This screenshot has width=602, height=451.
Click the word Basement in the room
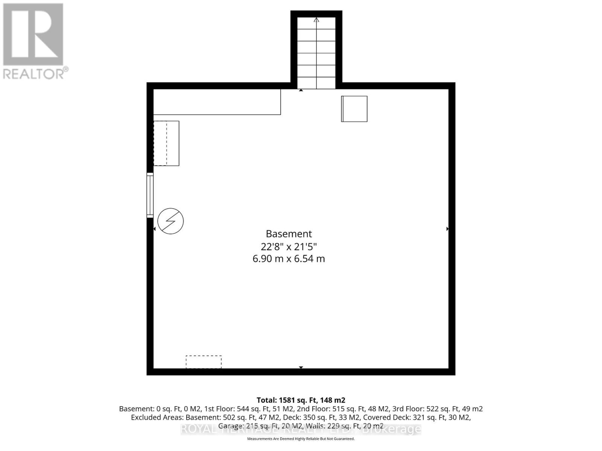pyautogui.click(x=289, y=234)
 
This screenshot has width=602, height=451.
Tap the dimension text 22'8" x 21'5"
pyautogui.click(x=289, y=247)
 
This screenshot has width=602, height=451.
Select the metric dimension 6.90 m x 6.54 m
pyautogui.click(x=289, y=259)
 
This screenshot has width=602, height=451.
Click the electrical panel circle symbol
pyautogui.click(x=170, y=221)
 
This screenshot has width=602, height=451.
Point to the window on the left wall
pyautogui.click(x=150, y=195)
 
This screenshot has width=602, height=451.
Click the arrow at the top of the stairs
pyautogui.click(x=316, y=20)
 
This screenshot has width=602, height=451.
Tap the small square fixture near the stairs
pyautogui.click(x=354, y=109)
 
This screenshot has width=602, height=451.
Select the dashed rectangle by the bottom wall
pyautogui.click(x=204, y=362)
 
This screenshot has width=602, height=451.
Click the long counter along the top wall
pyautogui.click(x=217, y=102)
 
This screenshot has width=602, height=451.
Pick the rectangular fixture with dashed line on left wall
pyautogui.click(x=166, y=143)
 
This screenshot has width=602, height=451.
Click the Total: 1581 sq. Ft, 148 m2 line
pyautogui.click(x=301, y=400)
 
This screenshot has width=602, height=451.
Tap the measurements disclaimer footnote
pyautogui.click(x=301, y=439)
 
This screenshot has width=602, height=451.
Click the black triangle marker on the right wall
pyautogui.click(x=447, y=229)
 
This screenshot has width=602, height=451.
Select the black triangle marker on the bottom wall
pyautogui.click(x=301, y=367)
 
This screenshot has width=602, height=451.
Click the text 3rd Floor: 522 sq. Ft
pyautogui.click(x=427, y=409)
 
